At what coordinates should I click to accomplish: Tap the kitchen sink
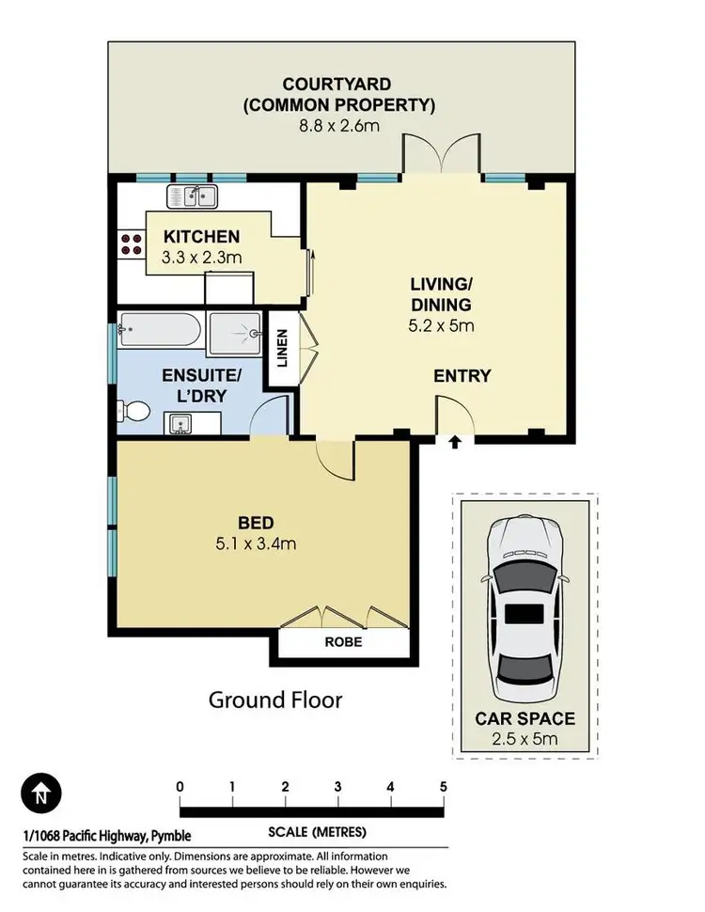pyautogui.click(x=193, y=197)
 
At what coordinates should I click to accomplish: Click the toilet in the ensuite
pyautogui.click(x=134, y=411)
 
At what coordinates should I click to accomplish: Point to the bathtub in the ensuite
pyautogui.click(x=160, y=331)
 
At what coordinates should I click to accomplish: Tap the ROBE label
pyautogui.click(x=343, y=643)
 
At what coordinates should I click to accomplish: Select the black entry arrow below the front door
pyautogui.click(x=455, y=442)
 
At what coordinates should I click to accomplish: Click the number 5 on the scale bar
pyautogui.click(x=442, y=787)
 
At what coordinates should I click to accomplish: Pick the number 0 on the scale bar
pyautogui.click(x=180, y=787)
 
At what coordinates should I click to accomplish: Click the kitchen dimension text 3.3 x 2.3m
pyautogui.click(x=203, y=256)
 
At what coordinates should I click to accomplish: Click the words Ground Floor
pyautogui.click(x=274, y=700)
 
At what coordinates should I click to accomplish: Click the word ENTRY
pyautogui.click(x=462, y=376)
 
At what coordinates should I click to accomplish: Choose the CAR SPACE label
pyautogui.click(x=525, y=719)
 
